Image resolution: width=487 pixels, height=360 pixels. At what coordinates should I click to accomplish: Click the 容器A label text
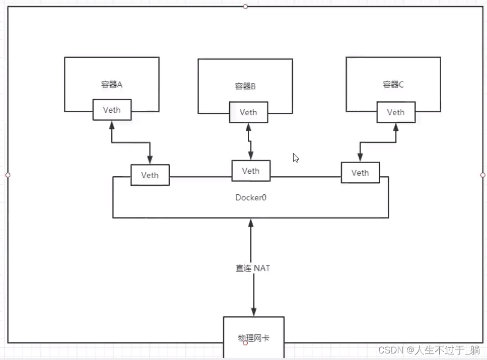tap(112, 84)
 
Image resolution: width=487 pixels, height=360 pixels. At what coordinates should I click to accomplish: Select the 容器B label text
tap(245, 86)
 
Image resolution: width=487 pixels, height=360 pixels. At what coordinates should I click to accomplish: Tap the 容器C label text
tap(393, 84)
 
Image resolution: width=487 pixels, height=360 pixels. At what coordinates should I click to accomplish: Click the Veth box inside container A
tap(112, 110)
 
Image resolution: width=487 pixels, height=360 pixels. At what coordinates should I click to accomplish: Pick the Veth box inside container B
tap(248, 112)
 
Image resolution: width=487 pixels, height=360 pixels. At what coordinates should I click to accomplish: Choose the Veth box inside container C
tap(396, 112)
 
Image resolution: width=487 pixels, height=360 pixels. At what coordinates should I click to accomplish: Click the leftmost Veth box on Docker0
tap(150, 175)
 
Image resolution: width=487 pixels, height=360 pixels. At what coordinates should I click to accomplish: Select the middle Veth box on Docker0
tap(250, 171)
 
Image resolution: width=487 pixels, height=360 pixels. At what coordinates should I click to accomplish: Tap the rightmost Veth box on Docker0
tap(360, 173)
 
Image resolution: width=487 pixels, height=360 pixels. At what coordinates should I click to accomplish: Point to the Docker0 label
tap(251, 197)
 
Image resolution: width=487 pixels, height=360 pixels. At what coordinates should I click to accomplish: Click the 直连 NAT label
tap(253, 268)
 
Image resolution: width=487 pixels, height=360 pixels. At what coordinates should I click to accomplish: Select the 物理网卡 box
tap(253, 336)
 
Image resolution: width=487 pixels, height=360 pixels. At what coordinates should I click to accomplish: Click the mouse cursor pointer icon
tap(296, 158)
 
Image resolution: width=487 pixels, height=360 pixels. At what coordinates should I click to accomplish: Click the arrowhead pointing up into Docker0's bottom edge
tap(251, 223)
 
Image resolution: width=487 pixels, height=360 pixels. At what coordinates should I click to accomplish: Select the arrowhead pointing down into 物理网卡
tap(253, 312)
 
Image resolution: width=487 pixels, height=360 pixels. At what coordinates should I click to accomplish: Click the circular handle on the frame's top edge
tap(245, 7)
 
